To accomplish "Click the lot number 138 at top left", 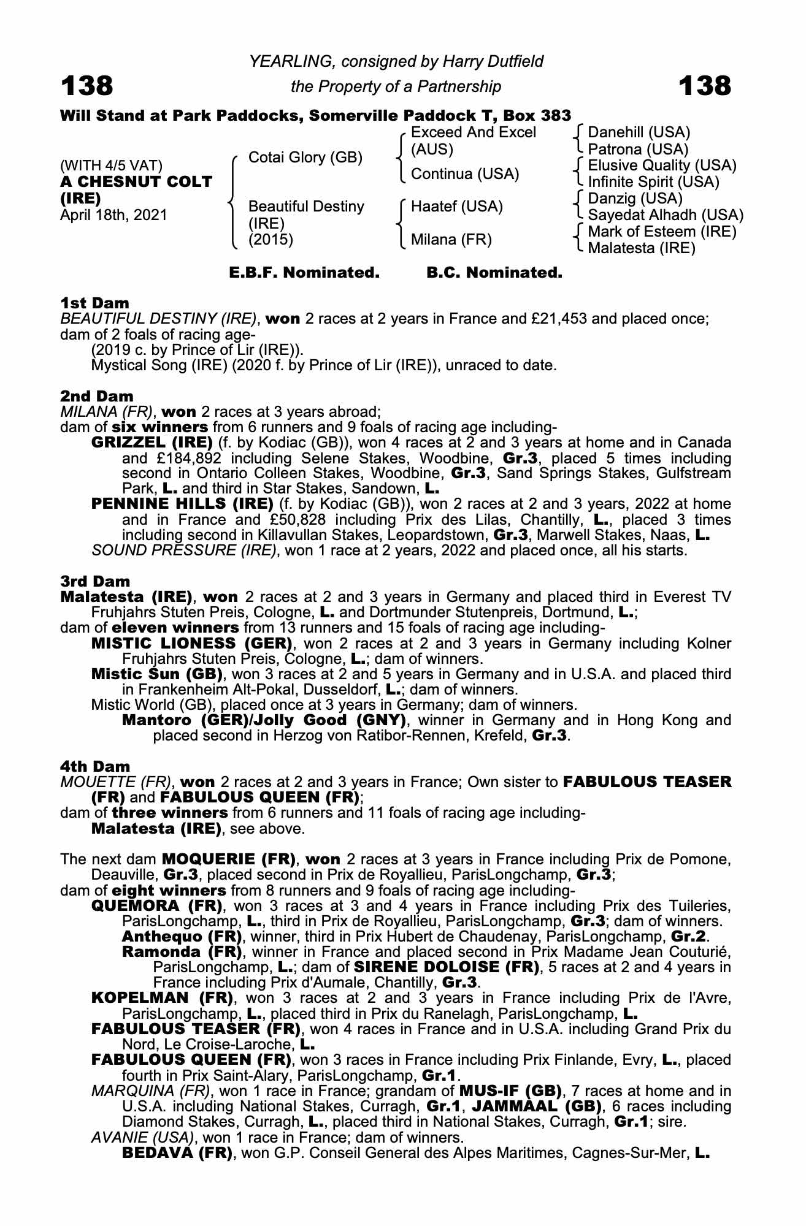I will pos(86,86).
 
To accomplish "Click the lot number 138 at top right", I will pos(705,86).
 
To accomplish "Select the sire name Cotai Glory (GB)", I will pos(305,158).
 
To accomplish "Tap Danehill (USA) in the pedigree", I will pos(639,132).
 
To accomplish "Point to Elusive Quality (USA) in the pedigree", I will pos(662,166).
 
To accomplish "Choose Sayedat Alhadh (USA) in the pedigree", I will pos(666,215).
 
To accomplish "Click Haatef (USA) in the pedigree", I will pos(456,207).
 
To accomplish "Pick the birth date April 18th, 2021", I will pos(113,215).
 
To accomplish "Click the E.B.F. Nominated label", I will pos(304,273).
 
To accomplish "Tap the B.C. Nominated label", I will pos(494,273).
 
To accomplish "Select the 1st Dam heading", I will pos(94,303).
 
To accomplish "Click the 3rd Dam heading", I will pos(95,581).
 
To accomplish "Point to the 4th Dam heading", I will pos(95,766).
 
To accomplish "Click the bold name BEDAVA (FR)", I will pos(177,1153).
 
